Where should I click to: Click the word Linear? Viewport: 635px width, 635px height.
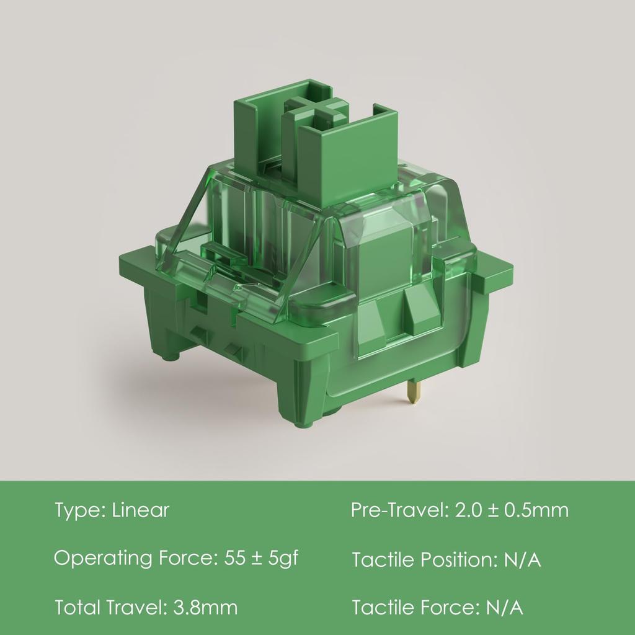click(140, 511)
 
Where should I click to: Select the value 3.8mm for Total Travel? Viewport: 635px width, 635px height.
click(203, 607)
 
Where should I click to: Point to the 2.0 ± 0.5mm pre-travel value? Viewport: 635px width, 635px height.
click(512, 510)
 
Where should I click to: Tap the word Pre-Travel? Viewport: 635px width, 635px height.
click(397, 510)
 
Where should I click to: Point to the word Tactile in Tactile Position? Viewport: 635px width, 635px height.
click(383, 560)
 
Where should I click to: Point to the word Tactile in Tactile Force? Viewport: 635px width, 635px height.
click(383, 608)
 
